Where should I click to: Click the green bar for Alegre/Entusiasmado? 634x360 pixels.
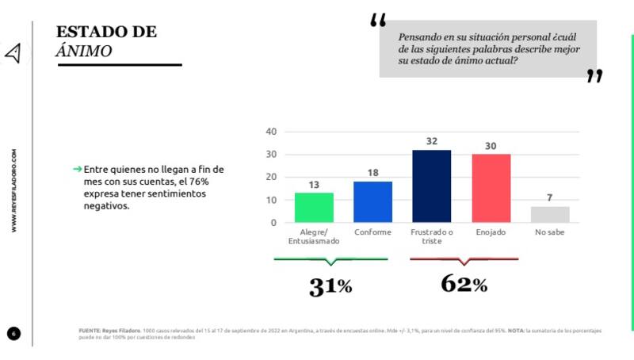314,207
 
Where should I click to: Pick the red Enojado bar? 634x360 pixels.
491,188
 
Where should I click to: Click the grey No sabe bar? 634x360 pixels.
550,214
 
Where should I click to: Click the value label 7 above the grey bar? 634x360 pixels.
550,197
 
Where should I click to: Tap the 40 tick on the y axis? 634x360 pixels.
270,132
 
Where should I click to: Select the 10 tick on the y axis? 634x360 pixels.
270,200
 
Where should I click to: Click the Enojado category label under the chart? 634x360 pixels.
491,232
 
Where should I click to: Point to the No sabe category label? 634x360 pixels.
550,232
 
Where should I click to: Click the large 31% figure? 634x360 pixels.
330,286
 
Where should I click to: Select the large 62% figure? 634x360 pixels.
464,283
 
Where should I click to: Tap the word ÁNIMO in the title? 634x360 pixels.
83,50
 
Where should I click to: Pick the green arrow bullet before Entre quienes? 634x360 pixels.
77,169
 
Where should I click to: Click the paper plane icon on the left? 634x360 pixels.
13,53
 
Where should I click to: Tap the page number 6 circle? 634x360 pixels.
13,332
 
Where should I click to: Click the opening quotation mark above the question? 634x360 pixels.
378,21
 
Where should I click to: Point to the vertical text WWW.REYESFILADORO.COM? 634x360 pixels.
13,190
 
